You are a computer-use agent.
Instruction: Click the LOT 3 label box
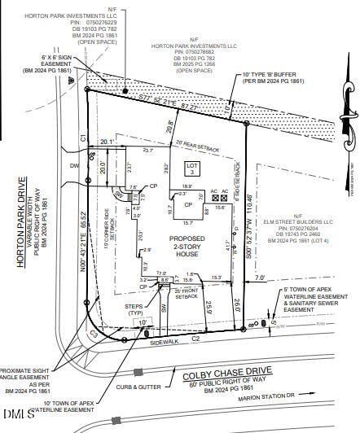[192, 168]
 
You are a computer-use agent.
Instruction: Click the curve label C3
[94, 333]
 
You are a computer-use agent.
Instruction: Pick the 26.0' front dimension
[239, 306]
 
